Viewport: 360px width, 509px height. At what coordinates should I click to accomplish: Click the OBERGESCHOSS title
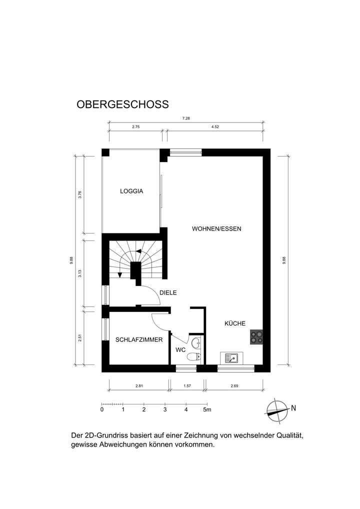point(122,104)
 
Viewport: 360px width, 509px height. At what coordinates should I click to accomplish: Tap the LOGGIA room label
point(131,191)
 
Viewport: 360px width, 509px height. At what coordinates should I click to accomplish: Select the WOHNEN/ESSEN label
point(216,229)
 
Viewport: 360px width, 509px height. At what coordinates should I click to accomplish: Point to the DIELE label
point(168,293)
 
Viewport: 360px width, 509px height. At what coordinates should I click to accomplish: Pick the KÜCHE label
point(234,323)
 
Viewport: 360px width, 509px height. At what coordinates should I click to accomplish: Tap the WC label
point(180,349)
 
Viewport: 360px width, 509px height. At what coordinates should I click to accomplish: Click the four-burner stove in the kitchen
point(257,338)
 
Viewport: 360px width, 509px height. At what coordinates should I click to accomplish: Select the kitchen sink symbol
point(232,358)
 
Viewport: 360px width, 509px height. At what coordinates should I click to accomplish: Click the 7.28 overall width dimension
point(186,118)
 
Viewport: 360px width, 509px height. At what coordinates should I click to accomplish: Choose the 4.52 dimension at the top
point(215,127)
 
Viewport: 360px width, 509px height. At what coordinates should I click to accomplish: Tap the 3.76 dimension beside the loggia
point(80,194)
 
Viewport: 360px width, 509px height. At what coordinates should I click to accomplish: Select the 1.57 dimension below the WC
point(187,385)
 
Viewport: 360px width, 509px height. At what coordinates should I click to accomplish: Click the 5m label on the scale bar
point(207,410)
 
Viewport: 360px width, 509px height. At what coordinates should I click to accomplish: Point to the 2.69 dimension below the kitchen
point(234,385)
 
